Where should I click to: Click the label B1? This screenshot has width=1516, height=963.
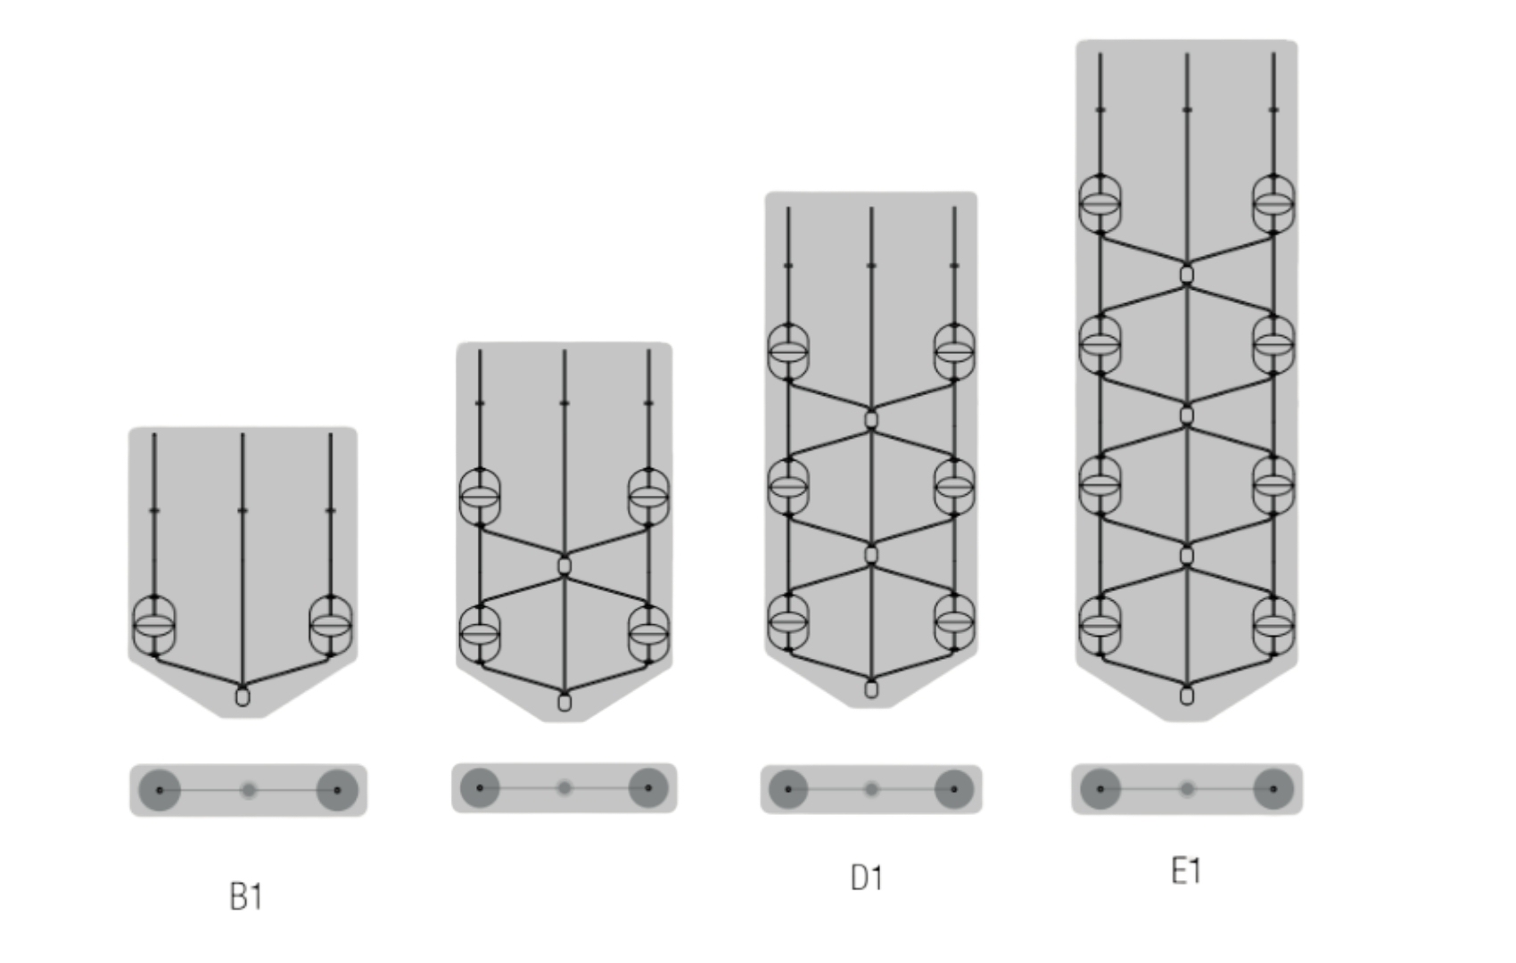pos(246,896)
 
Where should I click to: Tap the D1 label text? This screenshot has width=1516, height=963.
pos(867,878)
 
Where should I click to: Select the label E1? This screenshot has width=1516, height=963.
pos(1186,871)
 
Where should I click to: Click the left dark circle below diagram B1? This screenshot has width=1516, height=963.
pos(160,790)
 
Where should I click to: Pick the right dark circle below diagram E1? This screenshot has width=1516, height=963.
pos(1273,789)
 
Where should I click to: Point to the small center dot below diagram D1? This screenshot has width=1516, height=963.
pos(871,789)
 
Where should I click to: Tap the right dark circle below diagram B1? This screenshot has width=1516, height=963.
pos(337,790)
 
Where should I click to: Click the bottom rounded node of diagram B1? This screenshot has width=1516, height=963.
pos(243,696)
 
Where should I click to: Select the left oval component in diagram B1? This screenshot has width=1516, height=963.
pos(154,625)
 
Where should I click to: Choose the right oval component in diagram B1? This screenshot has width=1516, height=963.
pos(331,625)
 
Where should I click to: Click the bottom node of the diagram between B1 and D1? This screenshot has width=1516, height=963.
pos(564,702)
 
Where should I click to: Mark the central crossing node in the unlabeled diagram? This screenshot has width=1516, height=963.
pos(564,565)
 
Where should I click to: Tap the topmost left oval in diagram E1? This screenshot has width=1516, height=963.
pos(1100,203)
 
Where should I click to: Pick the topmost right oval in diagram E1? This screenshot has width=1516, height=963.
pos(1273,203)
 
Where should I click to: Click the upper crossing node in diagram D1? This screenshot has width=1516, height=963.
pos(871,419)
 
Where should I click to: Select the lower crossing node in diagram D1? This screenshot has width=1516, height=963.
pos(871,556)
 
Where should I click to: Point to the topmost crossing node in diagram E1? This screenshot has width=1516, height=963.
pos(1187,274)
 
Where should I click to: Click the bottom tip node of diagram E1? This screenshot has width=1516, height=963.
pos(1187,695)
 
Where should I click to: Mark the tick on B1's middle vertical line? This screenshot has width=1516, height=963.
pos(243,510)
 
